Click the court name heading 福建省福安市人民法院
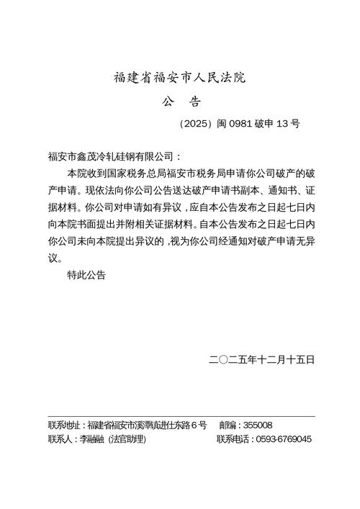180,76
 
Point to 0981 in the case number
243,123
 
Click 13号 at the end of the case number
288,123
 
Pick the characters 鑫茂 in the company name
96,156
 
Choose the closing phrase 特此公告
86,274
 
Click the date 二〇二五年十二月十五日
261,359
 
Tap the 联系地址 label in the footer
63,425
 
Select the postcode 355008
258,425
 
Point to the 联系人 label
60,438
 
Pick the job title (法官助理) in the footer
127,438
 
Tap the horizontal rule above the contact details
181,416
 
